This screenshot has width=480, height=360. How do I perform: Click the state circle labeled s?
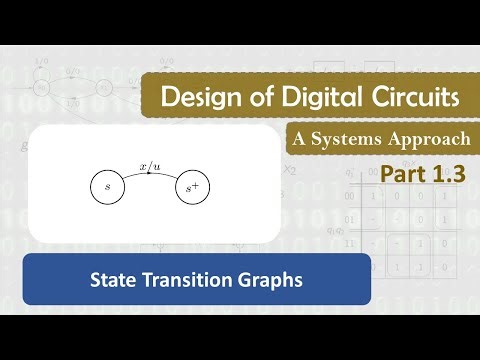click(106, 186)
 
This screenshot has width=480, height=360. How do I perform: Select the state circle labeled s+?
click(193, 186)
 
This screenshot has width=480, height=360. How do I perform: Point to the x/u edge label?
click(151, 159)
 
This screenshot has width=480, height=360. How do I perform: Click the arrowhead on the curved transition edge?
click(150, 171)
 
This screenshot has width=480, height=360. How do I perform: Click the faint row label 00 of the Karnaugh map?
click(348, 196)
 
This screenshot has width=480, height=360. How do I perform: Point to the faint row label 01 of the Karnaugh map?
click(348, 218)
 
